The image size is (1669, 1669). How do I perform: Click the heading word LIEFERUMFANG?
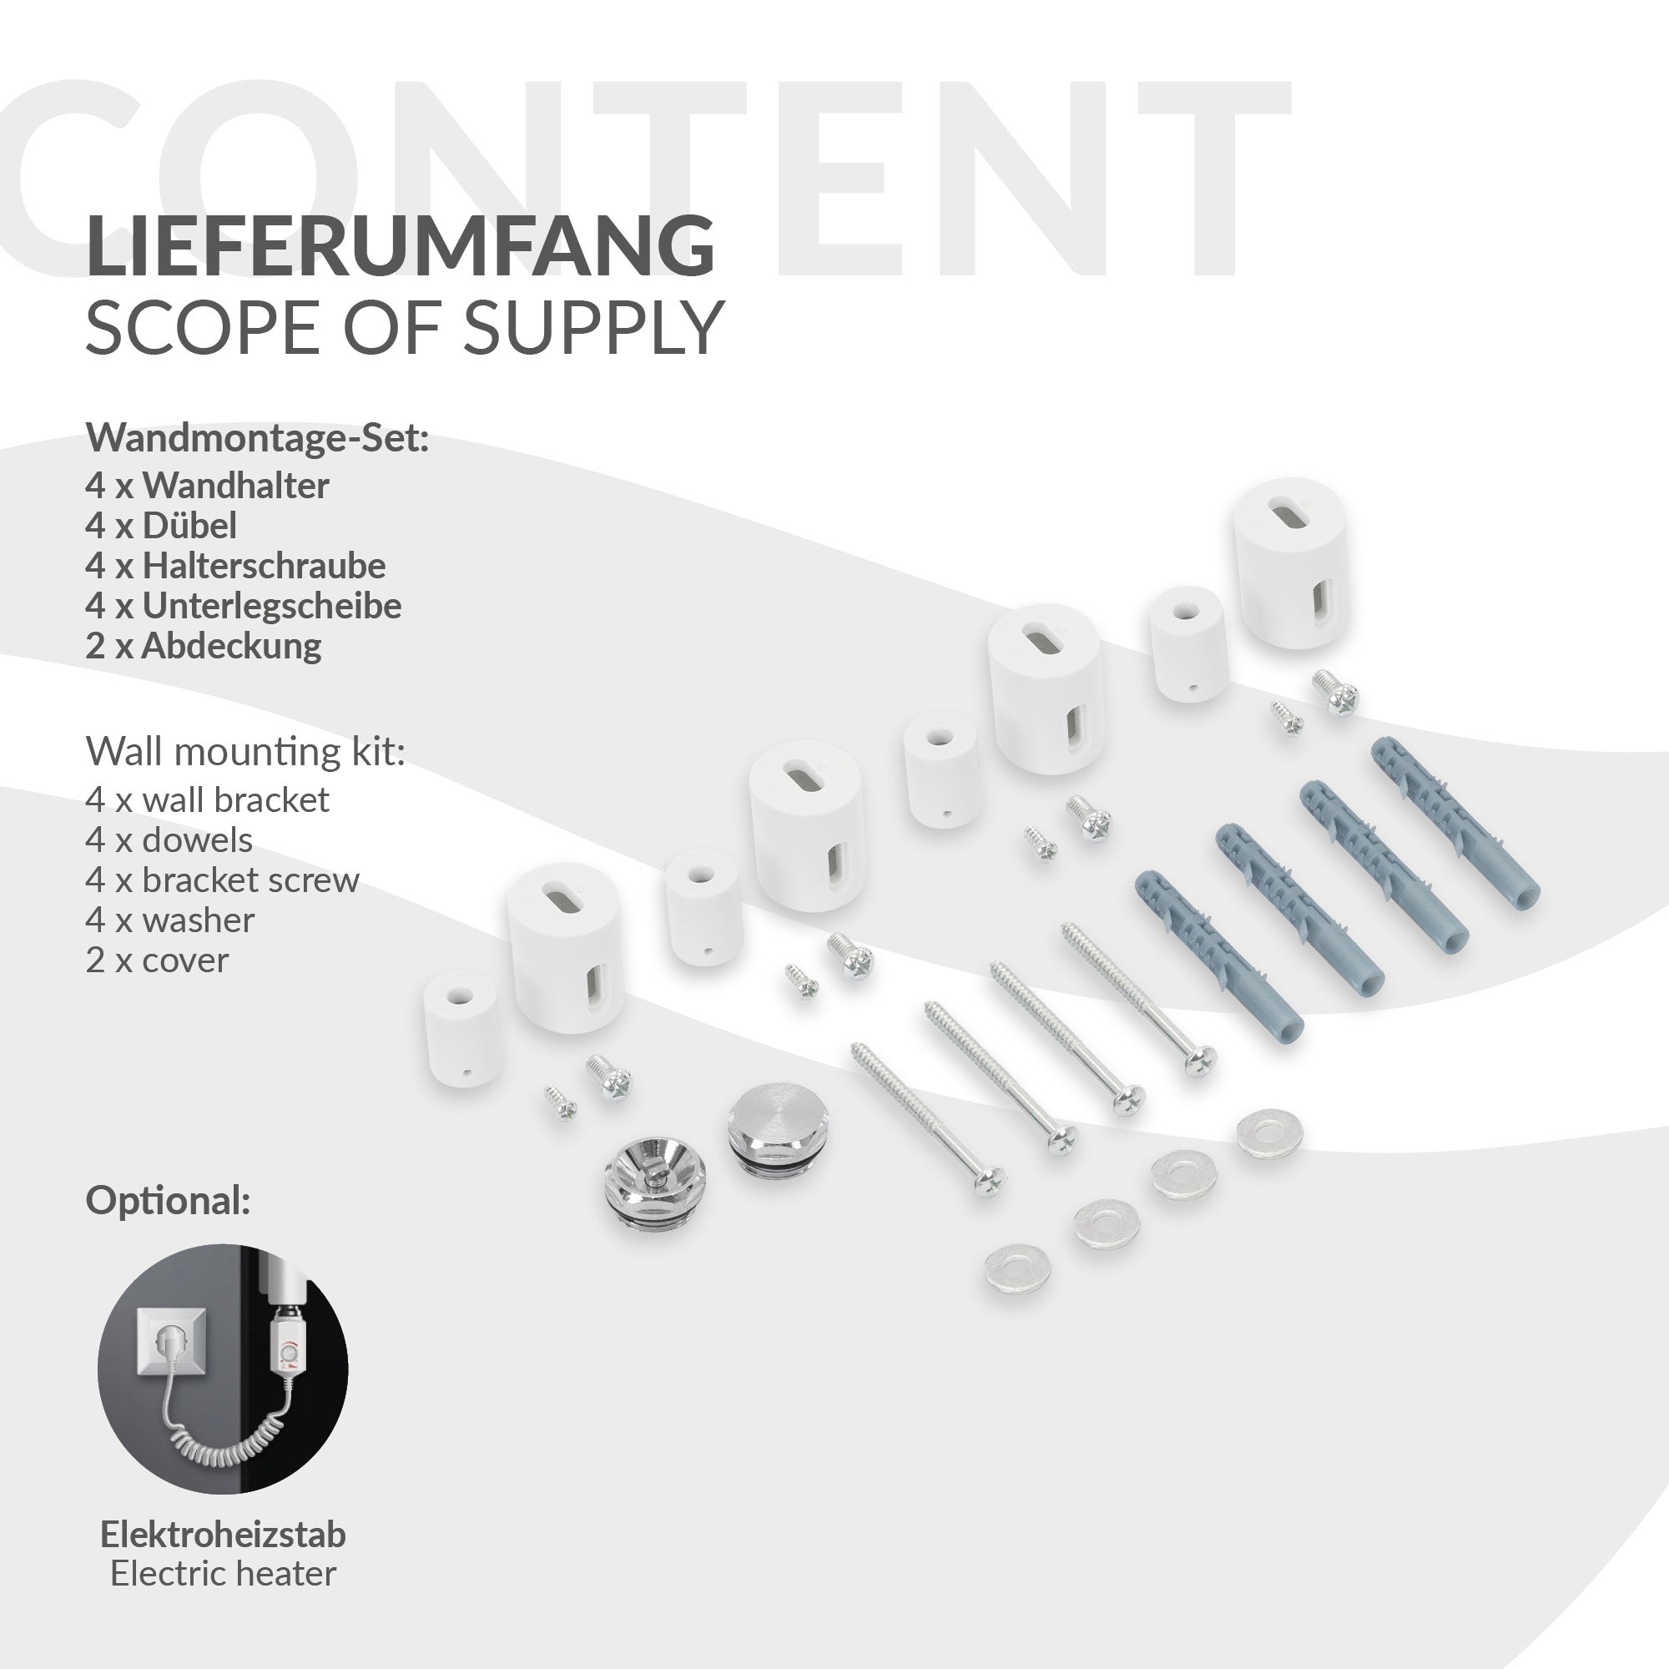click(x=400, y=245)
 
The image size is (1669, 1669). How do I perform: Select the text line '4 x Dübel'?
click(x=161, y=525)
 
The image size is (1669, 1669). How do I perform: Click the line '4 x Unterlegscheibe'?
click(x=244, y=606)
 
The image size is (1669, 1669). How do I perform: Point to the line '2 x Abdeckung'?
click(x=203, y=645)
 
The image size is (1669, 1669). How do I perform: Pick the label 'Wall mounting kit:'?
click(x=245, y=752)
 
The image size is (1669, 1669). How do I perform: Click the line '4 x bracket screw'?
click(x=222, y=880)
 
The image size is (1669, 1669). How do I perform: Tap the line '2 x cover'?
click(x=157, y=960)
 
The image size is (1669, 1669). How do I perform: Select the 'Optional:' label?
click(x=169, y=1201)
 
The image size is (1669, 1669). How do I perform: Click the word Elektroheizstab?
click(x=223, y=1535)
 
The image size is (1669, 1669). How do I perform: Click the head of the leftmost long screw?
click(x=990, y=1179)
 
